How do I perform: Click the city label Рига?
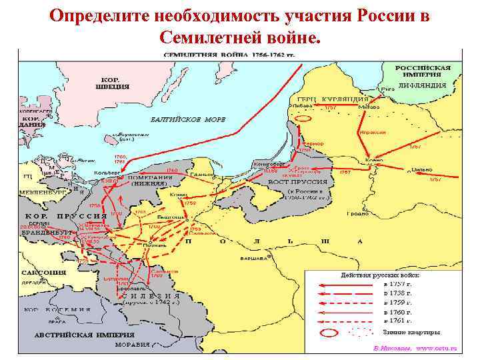tap(385, 88)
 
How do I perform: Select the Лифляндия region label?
tap(423, 86)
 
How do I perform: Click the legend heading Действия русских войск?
tap(381, 275)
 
